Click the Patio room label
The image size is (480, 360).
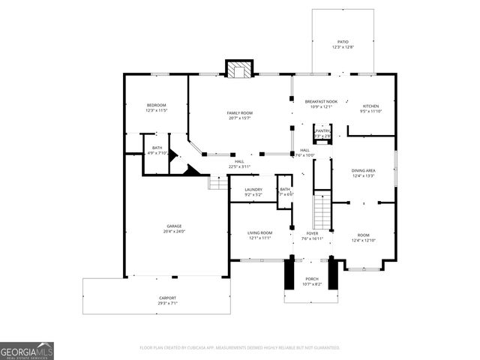point(343,42)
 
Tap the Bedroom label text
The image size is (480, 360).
point(156,105)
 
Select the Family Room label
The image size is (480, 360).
point(239,113)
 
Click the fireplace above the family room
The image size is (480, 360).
point(240,70)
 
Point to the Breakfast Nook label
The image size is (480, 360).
point(321,101)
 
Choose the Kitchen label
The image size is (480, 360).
point(371,106)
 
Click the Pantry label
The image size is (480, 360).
point(322,130)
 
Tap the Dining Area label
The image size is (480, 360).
point(364,171)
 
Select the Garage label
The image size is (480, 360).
point(174,226)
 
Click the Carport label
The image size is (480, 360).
point(167,298)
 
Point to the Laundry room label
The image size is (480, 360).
point(253,190)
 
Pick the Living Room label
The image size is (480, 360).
point(260,233)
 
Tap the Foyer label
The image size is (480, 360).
point(310,233)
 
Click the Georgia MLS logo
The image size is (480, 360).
point(27,351)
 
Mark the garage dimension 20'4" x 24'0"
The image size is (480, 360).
point(175,231)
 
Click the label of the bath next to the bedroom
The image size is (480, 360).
point(157,148)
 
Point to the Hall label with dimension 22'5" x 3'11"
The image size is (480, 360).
point(239,161)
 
